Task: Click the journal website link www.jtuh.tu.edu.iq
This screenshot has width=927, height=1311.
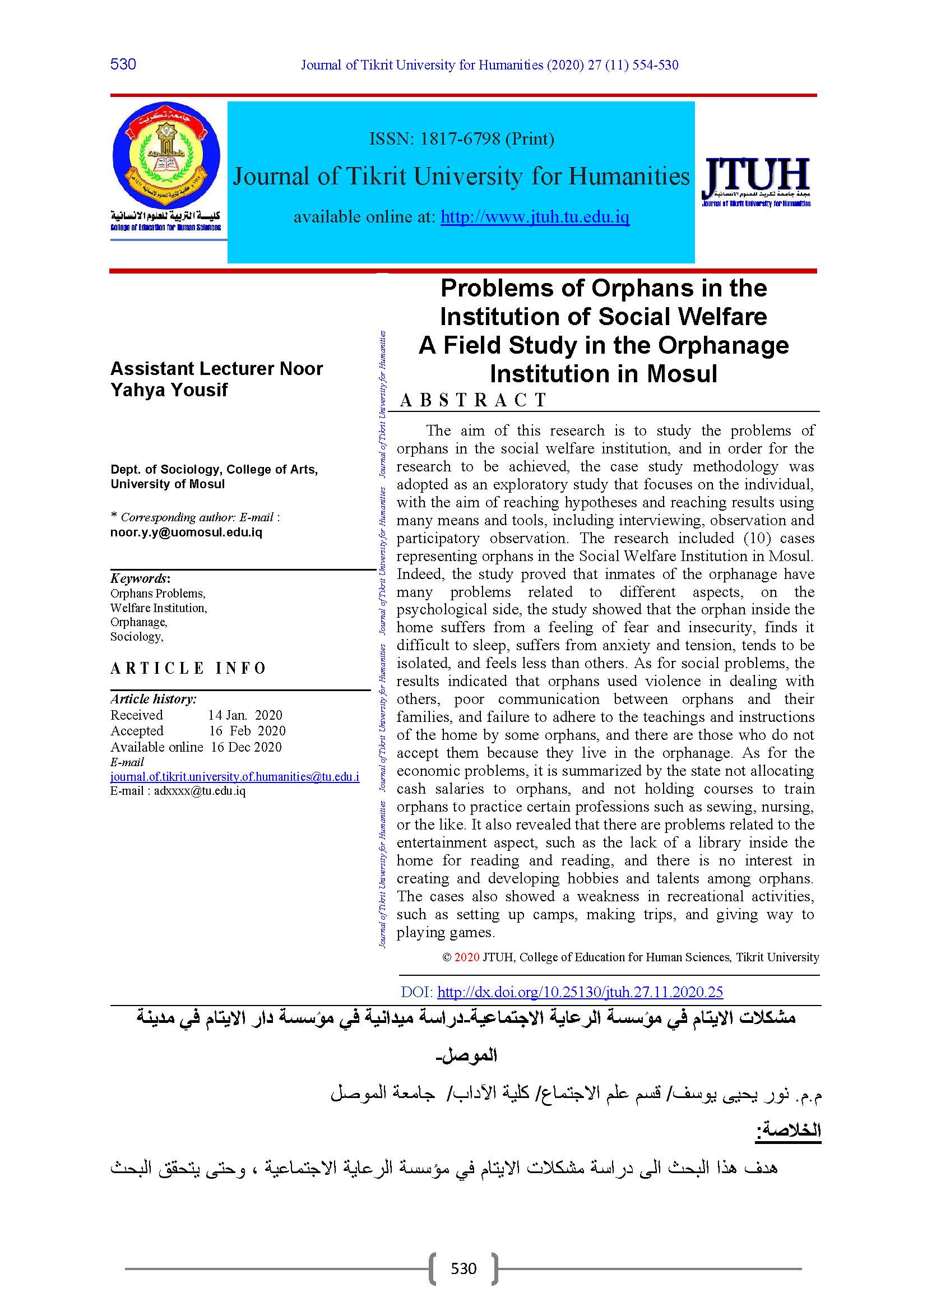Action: pos(535,217)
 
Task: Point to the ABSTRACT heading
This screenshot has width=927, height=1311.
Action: pos(473,400)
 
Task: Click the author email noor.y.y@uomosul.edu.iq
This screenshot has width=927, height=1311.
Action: pos(186,532)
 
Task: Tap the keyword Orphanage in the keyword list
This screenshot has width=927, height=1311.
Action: pos(138,622)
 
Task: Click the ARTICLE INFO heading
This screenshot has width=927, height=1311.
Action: pos(188,668)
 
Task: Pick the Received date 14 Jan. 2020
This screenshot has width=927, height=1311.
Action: pos(245,715)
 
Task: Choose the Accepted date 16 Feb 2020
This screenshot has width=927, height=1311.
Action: pos(247,731)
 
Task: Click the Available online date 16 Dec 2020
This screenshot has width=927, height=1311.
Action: pos(246,747)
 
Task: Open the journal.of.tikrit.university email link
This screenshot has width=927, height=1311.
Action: pos(235,776)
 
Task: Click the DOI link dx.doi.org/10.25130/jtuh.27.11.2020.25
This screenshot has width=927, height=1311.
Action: pos(580,992)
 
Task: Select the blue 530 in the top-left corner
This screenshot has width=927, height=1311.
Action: pos(123,64)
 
